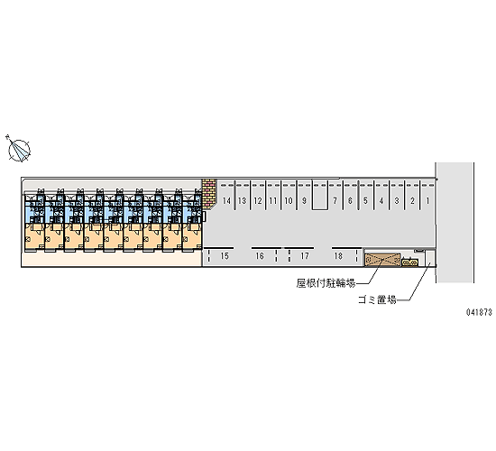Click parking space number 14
[226, 200]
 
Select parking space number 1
[428, 200]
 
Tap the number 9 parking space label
[304, 200]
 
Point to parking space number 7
[335, 200]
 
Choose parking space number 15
[225, 256]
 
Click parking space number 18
[338, 256]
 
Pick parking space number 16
[260, 256]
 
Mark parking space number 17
[305, 256]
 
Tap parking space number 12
[258, 200]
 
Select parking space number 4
[381, 200]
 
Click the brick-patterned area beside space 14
[209, 194]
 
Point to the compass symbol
[18, 150]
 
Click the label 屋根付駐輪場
[326, 283]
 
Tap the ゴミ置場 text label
[377, 299]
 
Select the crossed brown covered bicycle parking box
[382, 260]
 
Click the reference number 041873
[479, 312]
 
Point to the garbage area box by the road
[430, 258]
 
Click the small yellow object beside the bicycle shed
[410, 262]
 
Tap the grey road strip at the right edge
[455, 223]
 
